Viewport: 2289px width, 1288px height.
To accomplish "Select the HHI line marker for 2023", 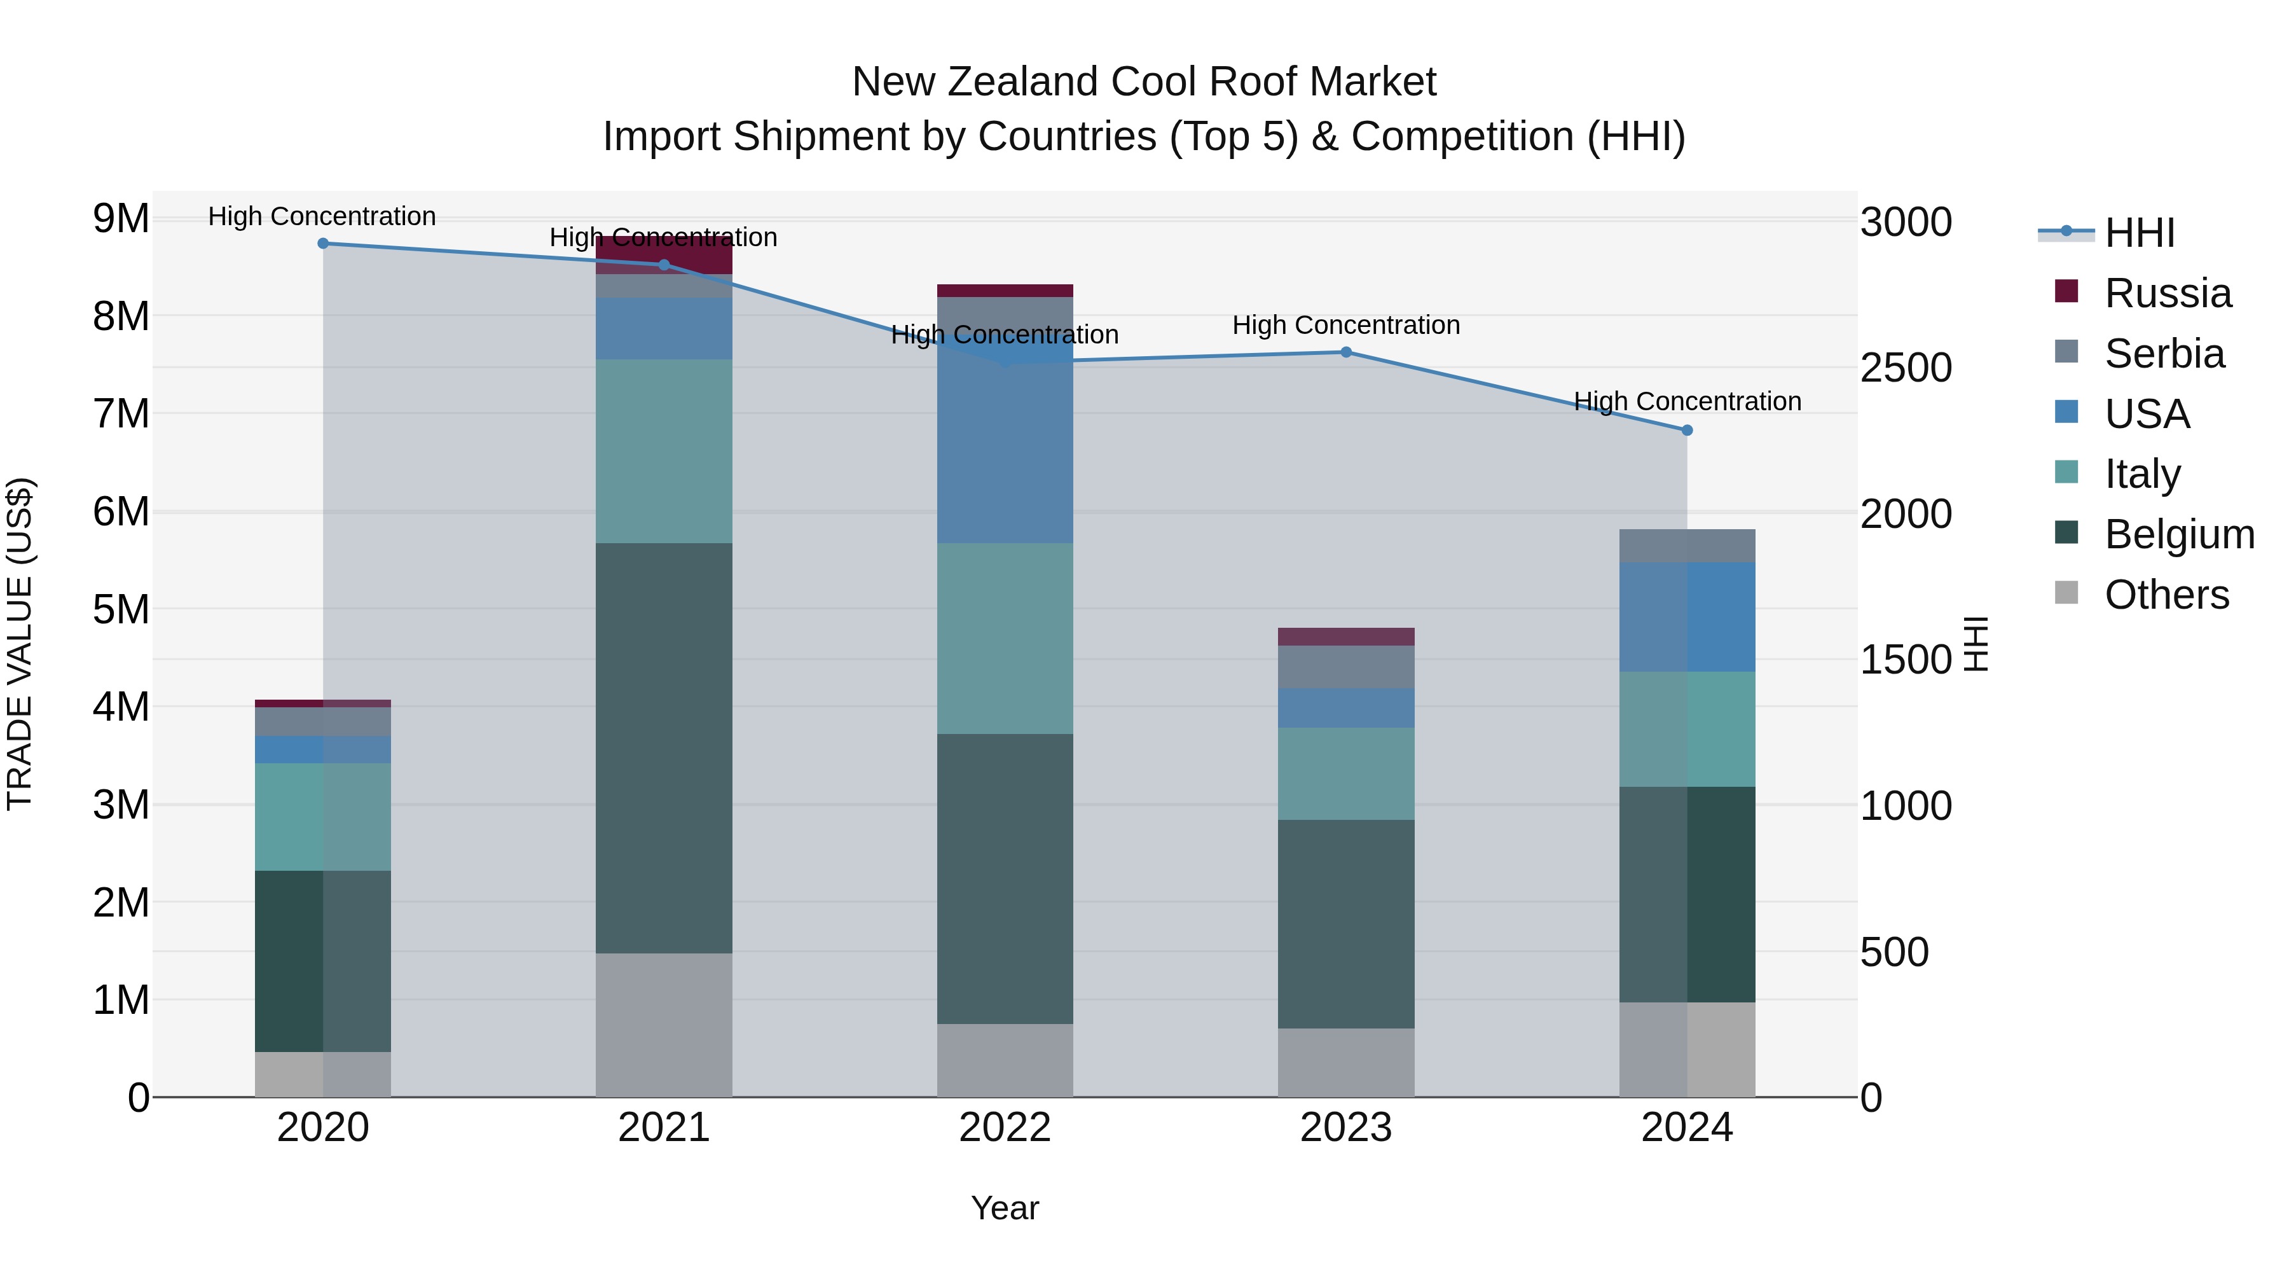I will coord(1345,352).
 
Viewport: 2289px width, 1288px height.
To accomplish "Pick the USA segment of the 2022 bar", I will coord(1005,445).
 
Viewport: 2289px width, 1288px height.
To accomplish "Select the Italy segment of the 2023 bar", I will coord(1345,773).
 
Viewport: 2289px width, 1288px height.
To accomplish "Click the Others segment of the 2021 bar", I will coord(664,1024).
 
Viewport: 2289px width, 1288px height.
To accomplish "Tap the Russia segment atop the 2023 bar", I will coord(1345,637).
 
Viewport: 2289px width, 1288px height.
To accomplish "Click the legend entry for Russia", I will coord(2168,293).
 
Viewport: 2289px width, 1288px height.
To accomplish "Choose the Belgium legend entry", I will coord(2179,534).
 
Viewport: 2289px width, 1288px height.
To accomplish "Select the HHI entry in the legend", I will coord(2139,233).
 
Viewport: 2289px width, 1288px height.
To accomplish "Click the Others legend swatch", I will coord(2067,593).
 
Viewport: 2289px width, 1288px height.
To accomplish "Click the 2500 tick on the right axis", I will coord(1906,368).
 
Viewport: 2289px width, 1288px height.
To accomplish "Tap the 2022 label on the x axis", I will coord(1005,1128).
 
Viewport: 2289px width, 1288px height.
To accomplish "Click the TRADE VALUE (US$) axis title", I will coord(20,644).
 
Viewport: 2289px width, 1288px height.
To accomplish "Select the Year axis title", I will coord(1005,1208).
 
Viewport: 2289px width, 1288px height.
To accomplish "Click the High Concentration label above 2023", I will coord(1345,325).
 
